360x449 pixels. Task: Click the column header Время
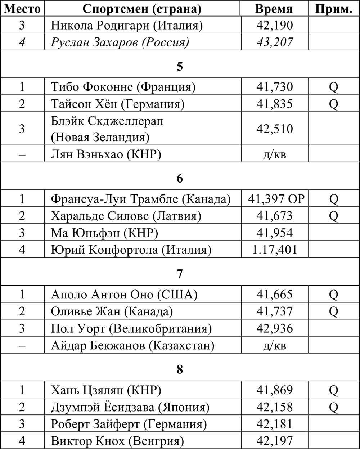tap(274, 9)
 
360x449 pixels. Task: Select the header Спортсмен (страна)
tap(142, 9)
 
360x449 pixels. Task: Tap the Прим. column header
tap(333, 9)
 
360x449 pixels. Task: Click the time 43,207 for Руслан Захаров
tap(274, 42)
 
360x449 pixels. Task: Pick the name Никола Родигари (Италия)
tap(127, 26)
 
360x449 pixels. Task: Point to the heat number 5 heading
tap(180, 67)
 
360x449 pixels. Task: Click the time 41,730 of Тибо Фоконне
tap(274, 87)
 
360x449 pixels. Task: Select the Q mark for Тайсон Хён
tap(333, 104)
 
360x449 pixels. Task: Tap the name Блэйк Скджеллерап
tap(107, 121)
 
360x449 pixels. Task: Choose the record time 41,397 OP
tap(276, 199)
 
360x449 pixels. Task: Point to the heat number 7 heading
tap(180, 274)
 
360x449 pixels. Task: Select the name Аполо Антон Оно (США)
tap(124, 295)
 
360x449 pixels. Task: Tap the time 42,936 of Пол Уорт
tap(274, 328)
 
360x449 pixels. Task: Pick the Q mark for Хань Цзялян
tap(333, 390)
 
